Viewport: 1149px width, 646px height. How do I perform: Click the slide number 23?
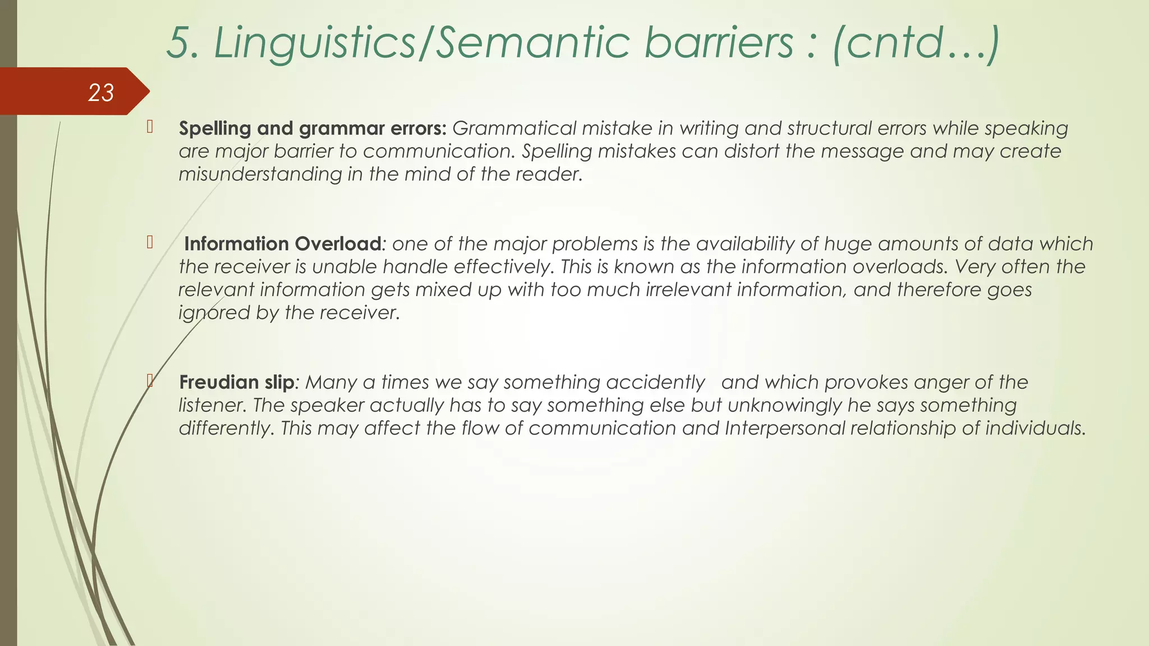[x=101, y=93]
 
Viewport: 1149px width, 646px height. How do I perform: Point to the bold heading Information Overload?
[x=283, y=244]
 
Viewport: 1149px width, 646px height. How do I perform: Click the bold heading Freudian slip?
[x=236, y=382]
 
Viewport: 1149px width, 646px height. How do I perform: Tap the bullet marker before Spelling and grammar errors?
[x=150, y=127]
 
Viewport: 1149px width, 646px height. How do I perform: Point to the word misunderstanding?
[x=260, y=174]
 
